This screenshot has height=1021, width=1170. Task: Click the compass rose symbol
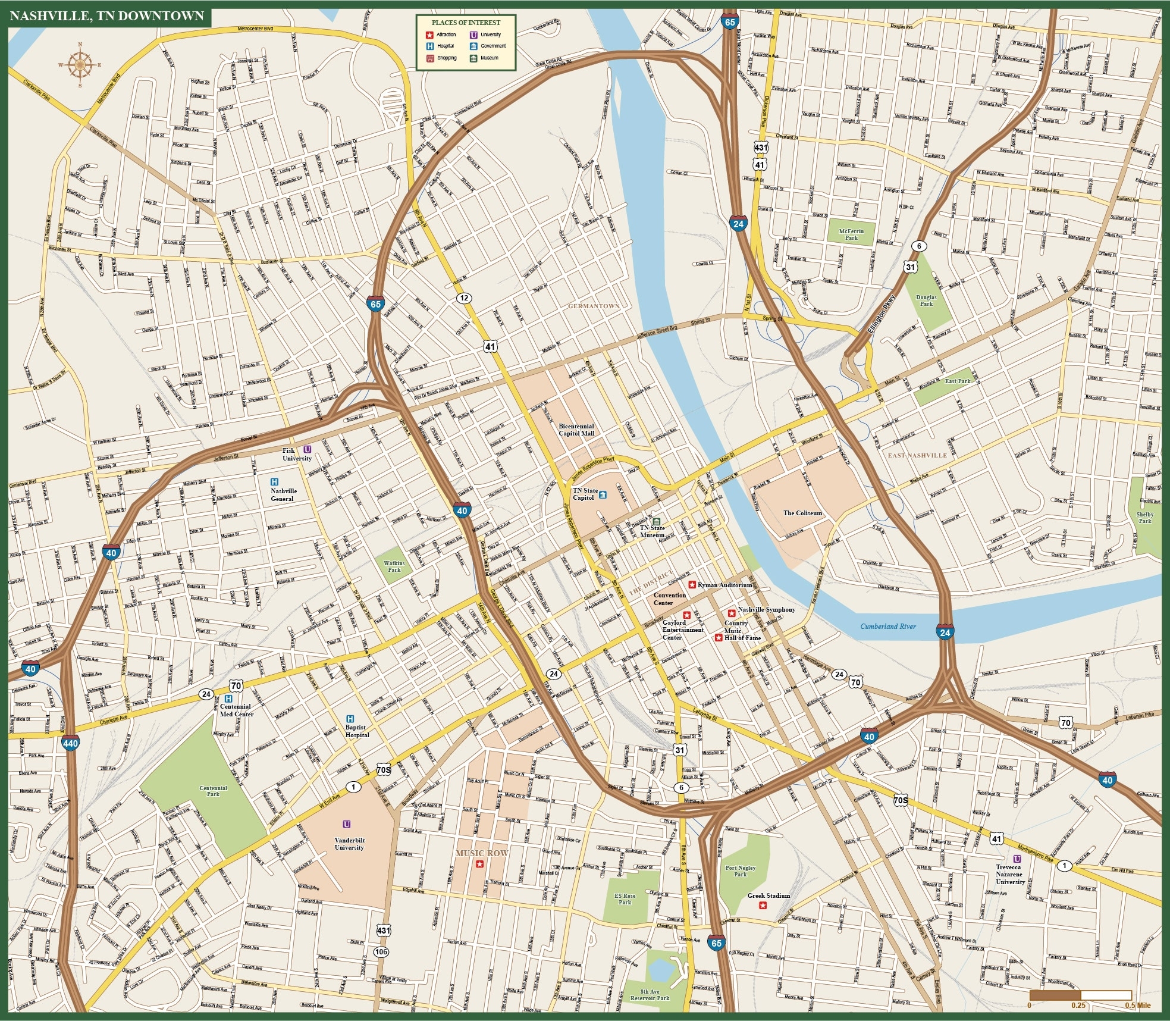(x=80, y=65)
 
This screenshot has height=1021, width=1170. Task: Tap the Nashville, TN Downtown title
(x=107, y=16)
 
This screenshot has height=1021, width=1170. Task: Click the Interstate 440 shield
(x=70, y=743)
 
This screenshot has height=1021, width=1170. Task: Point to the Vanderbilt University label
(x=349, y=844)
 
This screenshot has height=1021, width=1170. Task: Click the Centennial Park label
(x=213, y=791)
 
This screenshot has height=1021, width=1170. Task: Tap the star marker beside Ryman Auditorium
(x=692, y=585)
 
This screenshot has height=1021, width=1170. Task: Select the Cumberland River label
(x=887, y=627)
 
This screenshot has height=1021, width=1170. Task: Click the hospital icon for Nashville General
(x=274, y=482)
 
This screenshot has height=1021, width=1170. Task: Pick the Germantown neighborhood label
(x=594, y=306)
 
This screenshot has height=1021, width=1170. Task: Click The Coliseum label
(x=802, y=513)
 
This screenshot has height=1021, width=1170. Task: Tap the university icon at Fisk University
(x=308, y=450)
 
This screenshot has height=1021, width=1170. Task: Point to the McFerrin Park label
(x=851, y=234)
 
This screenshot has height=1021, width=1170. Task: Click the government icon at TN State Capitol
(x=603, y=495)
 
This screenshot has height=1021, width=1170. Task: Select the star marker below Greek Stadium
(x=763, y=906)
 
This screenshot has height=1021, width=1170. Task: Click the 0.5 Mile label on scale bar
(x=1137, y=1006)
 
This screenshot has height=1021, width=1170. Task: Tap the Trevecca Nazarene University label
(x=1009, y=874)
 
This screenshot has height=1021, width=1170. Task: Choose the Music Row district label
(x=482, y=853)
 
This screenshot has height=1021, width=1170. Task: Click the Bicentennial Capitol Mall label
(x=576, y=430)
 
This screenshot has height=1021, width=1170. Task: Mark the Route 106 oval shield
(x=381, y=951)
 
